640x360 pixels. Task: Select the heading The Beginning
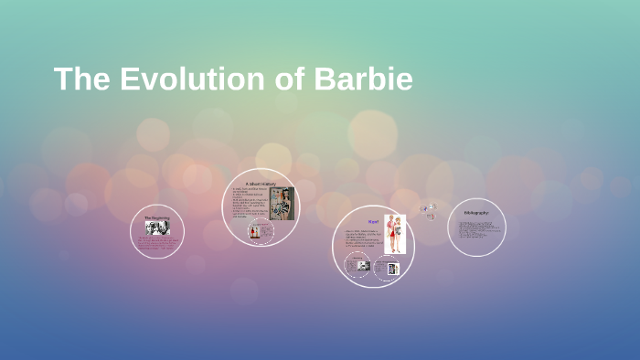[x=157, y=217]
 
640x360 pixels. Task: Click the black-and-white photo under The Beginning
[x=157, y=228]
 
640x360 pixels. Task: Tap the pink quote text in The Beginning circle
[x=157, y=243]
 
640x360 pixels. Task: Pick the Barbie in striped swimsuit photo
[x=282, y=204]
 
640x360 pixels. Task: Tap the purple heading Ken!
[x=373, y=222]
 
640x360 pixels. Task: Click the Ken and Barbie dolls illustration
[x=395, y=234]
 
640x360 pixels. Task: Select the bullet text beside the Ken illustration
[x=363, y=240]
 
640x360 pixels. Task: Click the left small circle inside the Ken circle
[x=359, y=265]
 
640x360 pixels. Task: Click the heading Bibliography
[x=476, y=213]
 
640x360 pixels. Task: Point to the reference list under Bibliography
[x=475, y=229]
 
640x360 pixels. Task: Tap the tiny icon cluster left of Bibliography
[x=429, y=211]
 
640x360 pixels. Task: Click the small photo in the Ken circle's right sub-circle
[x=392, y=269]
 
